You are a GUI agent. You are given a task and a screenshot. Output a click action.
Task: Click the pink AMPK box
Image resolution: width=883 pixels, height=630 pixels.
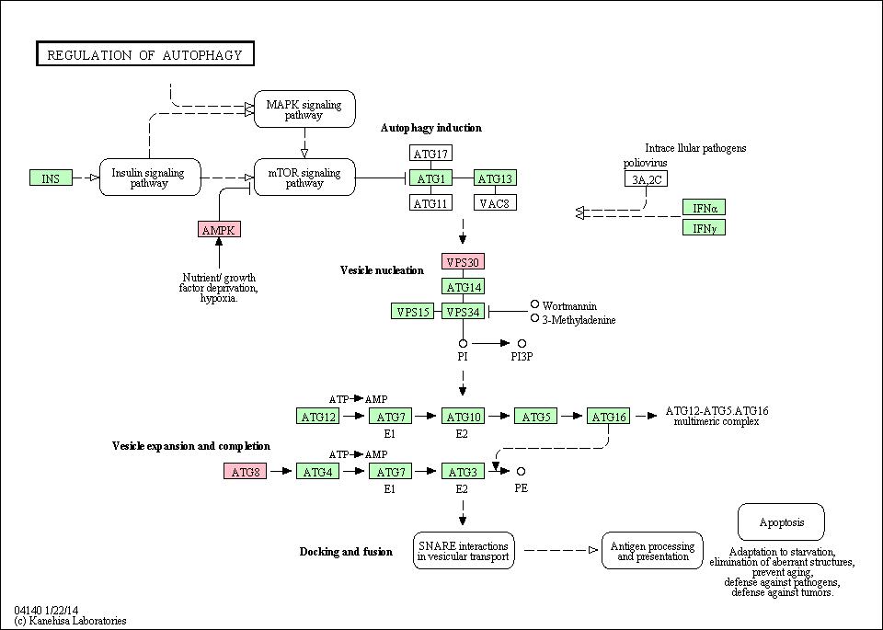click(219, 229)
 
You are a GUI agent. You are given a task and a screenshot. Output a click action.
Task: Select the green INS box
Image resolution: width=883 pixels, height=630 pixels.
click(51, 178)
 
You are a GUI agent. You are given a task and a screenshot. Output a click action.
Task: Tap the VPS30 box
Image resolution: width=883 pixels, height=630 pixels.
click(463, 261)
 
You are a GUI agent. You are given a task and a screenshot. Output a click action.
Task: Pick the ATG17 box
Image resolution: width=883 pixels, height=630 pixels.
click(430, 154)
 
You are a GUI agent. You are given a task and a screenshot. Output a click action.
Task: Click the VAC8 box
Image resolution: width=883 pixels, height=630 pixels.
click(495, 202)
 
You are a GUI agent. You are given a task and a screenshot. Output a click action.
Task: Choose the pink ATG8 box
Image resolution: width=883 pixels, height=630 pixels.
click(245, 471)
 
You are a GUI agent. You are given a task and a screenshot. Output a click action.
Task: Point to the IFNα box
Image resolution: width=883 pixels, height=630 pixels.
click(704, 207)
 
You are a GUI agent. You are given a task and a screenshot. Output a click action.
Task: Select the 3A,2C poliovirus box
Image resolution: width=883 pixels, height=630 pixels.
click(646, 179)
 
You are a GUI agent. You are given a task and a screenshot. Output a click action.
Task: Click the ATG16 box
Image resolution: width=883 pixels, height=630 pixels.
click(608, 416)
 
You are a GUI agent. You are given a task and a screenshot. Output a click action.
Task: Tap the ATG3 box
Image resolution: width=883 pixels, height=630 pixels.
click(463, 471)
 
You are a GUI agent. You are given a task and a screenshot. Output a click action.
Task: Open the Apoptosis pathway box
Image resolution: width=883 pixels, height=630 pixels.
click(781, 521)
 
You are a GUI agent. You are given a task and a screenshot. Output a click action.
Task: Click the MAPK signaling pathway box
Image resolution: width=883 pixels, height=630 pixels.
click(304, 109)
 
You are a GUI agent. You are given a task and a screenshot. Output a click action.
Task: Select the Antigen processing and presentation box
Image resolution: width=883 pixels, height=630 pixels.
click(652, 551)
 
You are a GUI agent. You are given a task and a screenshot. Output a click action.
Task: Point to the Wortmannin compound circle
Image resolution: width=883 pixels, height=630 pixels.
click(535, 304)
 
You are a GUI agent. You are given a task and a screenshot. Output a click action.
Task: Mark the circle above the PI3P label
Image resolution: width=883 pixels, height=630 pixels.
click(522, 343)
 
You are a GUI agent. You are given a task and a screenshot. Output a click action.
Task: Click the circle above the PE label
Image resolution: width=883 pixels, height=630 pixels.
click(521, 471)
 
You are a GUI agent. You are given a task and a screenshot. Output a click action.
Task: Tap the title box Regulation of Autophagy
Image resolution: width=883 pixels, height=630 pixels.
click(145, 54)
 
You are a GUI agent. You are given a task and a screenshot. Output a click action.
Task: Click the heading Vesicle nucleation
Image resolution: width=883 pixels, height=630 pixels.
click(382, 270)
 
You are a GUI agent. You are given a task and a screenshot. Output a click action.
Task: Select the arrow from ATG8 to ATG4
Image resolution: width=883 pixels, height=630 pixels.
click(281, 471)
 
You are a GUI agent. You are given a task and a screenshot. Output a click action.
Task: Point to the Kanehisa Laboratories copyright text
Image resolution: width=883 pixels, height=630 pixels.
click(71, 621)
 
